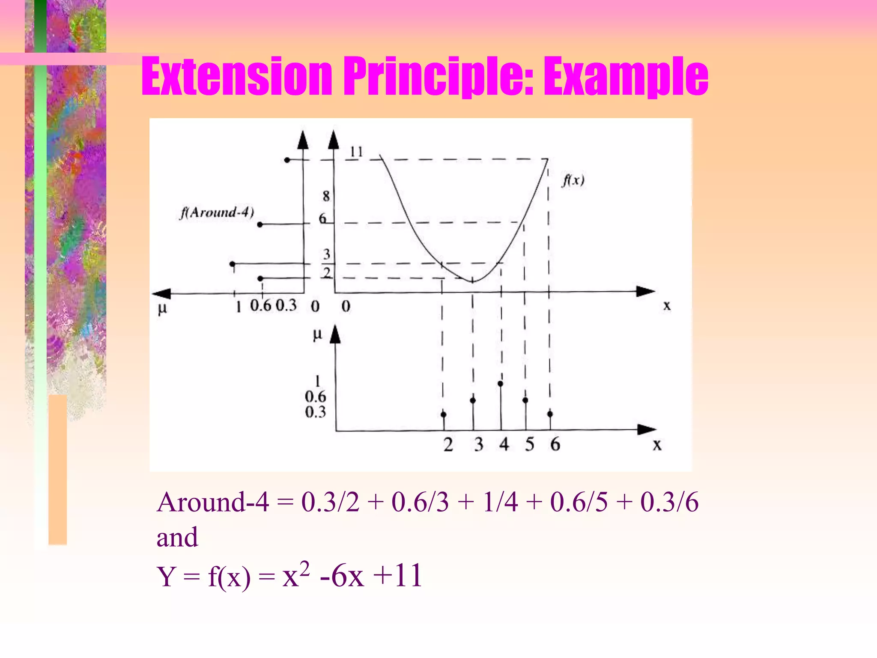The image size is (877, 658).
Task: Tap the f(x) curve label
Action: [x=573, y=180]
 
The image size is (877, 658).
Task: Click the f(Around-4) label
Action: [x=217, y=212]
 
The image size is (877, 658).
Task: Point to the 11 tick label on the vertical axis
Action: [x=356, y=152]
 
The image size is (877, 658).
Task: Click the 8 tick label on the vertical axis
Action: [x=326, y=196]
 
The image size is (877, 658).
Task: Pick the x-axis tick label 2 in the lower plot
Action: [x=448, y=445]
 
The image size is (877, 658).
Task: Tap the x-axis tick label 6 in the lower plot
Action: [x=555, y=445]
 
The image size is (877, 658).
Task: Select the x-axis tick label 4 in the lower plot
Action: [x=504, y=445]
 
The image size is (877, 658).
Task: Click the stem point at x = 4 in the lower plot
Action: [x=500, y=384]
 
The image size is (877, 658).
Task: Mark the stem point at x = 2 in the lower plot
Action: [x=443, y=414]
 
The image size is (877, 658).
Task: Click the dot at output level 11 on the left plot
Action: [x=287, y=160]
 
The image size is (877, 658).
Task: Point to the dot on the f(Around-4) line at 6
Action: [x=260, y=224]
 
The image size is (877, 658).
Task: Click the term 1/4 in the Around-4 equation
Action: [x=500, y=502]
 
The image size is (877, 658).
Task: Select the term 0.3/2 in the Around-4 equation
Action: [x=330, y=502]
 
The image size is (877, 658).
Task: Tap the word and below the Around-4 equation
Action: [x=177, y=537]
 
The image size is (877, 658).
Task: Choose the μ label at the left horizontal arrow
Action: [x=162, y=308]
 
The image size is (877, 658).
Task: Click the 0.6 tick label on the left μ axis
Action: [x=260, y=306]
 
